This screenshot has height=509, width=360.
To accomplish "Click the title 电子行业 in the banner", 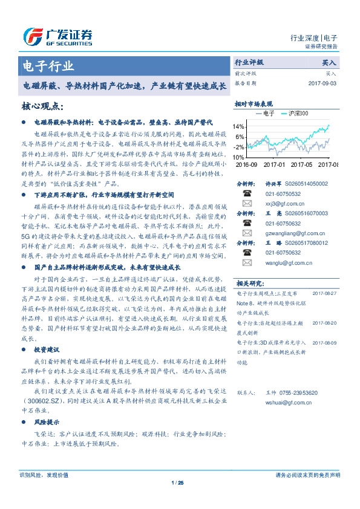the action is pyautogui.click(x=48, y=66).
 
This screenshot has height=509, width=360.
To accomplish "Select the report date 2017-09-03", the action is pyautogui.click(x=321, y=83).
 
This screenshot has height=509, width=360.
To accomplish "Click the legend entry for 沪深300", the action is pyautogui.click(x=298, y=113).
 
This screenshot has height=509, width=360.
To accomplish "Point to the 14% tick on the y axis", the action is pyautogui.click(x=238, y=127).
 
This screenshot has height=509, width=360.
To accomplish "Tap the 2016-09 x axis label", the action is pyautogui.click(x=246, y=164).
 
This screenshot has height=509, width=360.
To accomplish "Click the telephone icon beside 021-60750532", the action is pyautogui.click(x=247, y=194).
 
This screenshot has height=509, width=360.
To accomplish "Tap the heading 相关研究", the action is pyautogui.click(x=249, y=283).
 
